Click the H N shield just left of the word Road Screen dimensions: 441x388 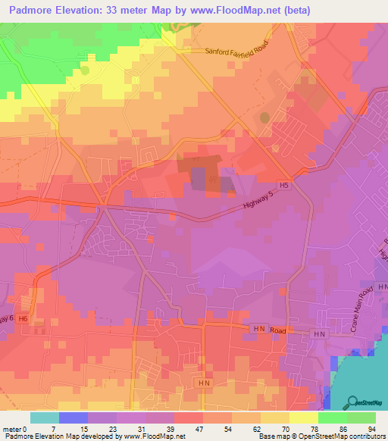pos(260,328)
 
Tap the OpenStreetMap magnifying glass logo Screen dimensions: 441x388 pos(360,402)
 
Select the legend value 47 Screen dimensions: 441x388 pos(176,428)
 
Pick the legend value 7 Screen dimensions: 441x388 pos(61,428)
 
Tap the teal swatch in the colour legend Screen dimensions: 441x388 pos(44,418)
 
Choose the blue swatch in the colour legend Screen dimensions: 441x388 pos(74,418)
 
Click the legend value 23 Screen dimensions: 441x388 pos(118,428)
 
